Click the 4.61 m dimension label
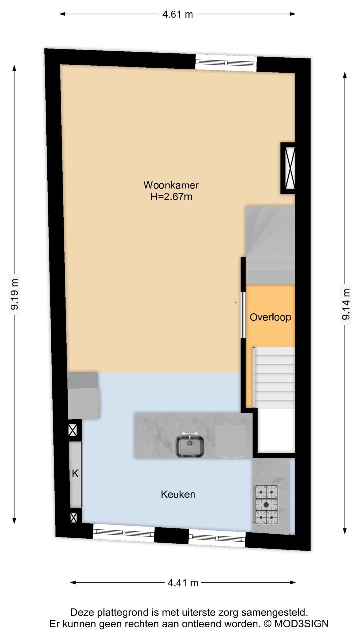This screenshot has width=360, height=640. point(177,14)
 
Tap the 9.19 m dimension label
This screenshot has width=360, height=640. point(14,294)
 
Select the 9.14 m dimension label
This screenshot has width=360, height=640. point(346,304)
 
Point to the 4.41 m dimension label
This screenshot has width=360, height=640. point(183,583)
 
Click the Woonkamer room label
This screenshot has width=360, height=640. point(171,185)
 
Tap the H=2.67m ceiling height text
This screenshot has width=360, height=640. point(171,197)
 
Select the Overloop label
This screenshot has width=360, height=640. point(270,317)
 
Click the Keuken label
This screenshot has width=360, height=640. point(178,494)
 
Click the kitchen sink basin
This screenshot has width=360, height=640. point(190,446)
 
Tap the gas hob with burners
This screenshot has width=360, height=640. point(266,504)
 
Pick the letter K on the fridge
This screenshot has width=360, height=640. point(75,473)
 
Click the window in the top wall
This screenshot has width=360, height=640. point(226,62)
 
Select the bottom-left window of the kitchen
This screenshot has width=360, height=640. point(123,532)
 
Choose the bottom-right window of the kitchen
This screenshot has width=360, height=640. point(217,537)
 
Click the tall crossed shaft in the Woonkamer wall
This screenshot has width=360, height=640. point(288,168)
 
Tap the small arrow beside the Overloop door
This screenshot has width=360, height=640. point(236,301)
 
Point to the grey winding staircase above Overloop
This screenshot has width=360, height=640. point(270,245)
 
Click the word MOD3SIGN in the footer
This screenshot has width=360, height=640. point(301,624)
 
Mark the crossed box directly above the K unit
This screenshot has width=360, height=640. point(73,430)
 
